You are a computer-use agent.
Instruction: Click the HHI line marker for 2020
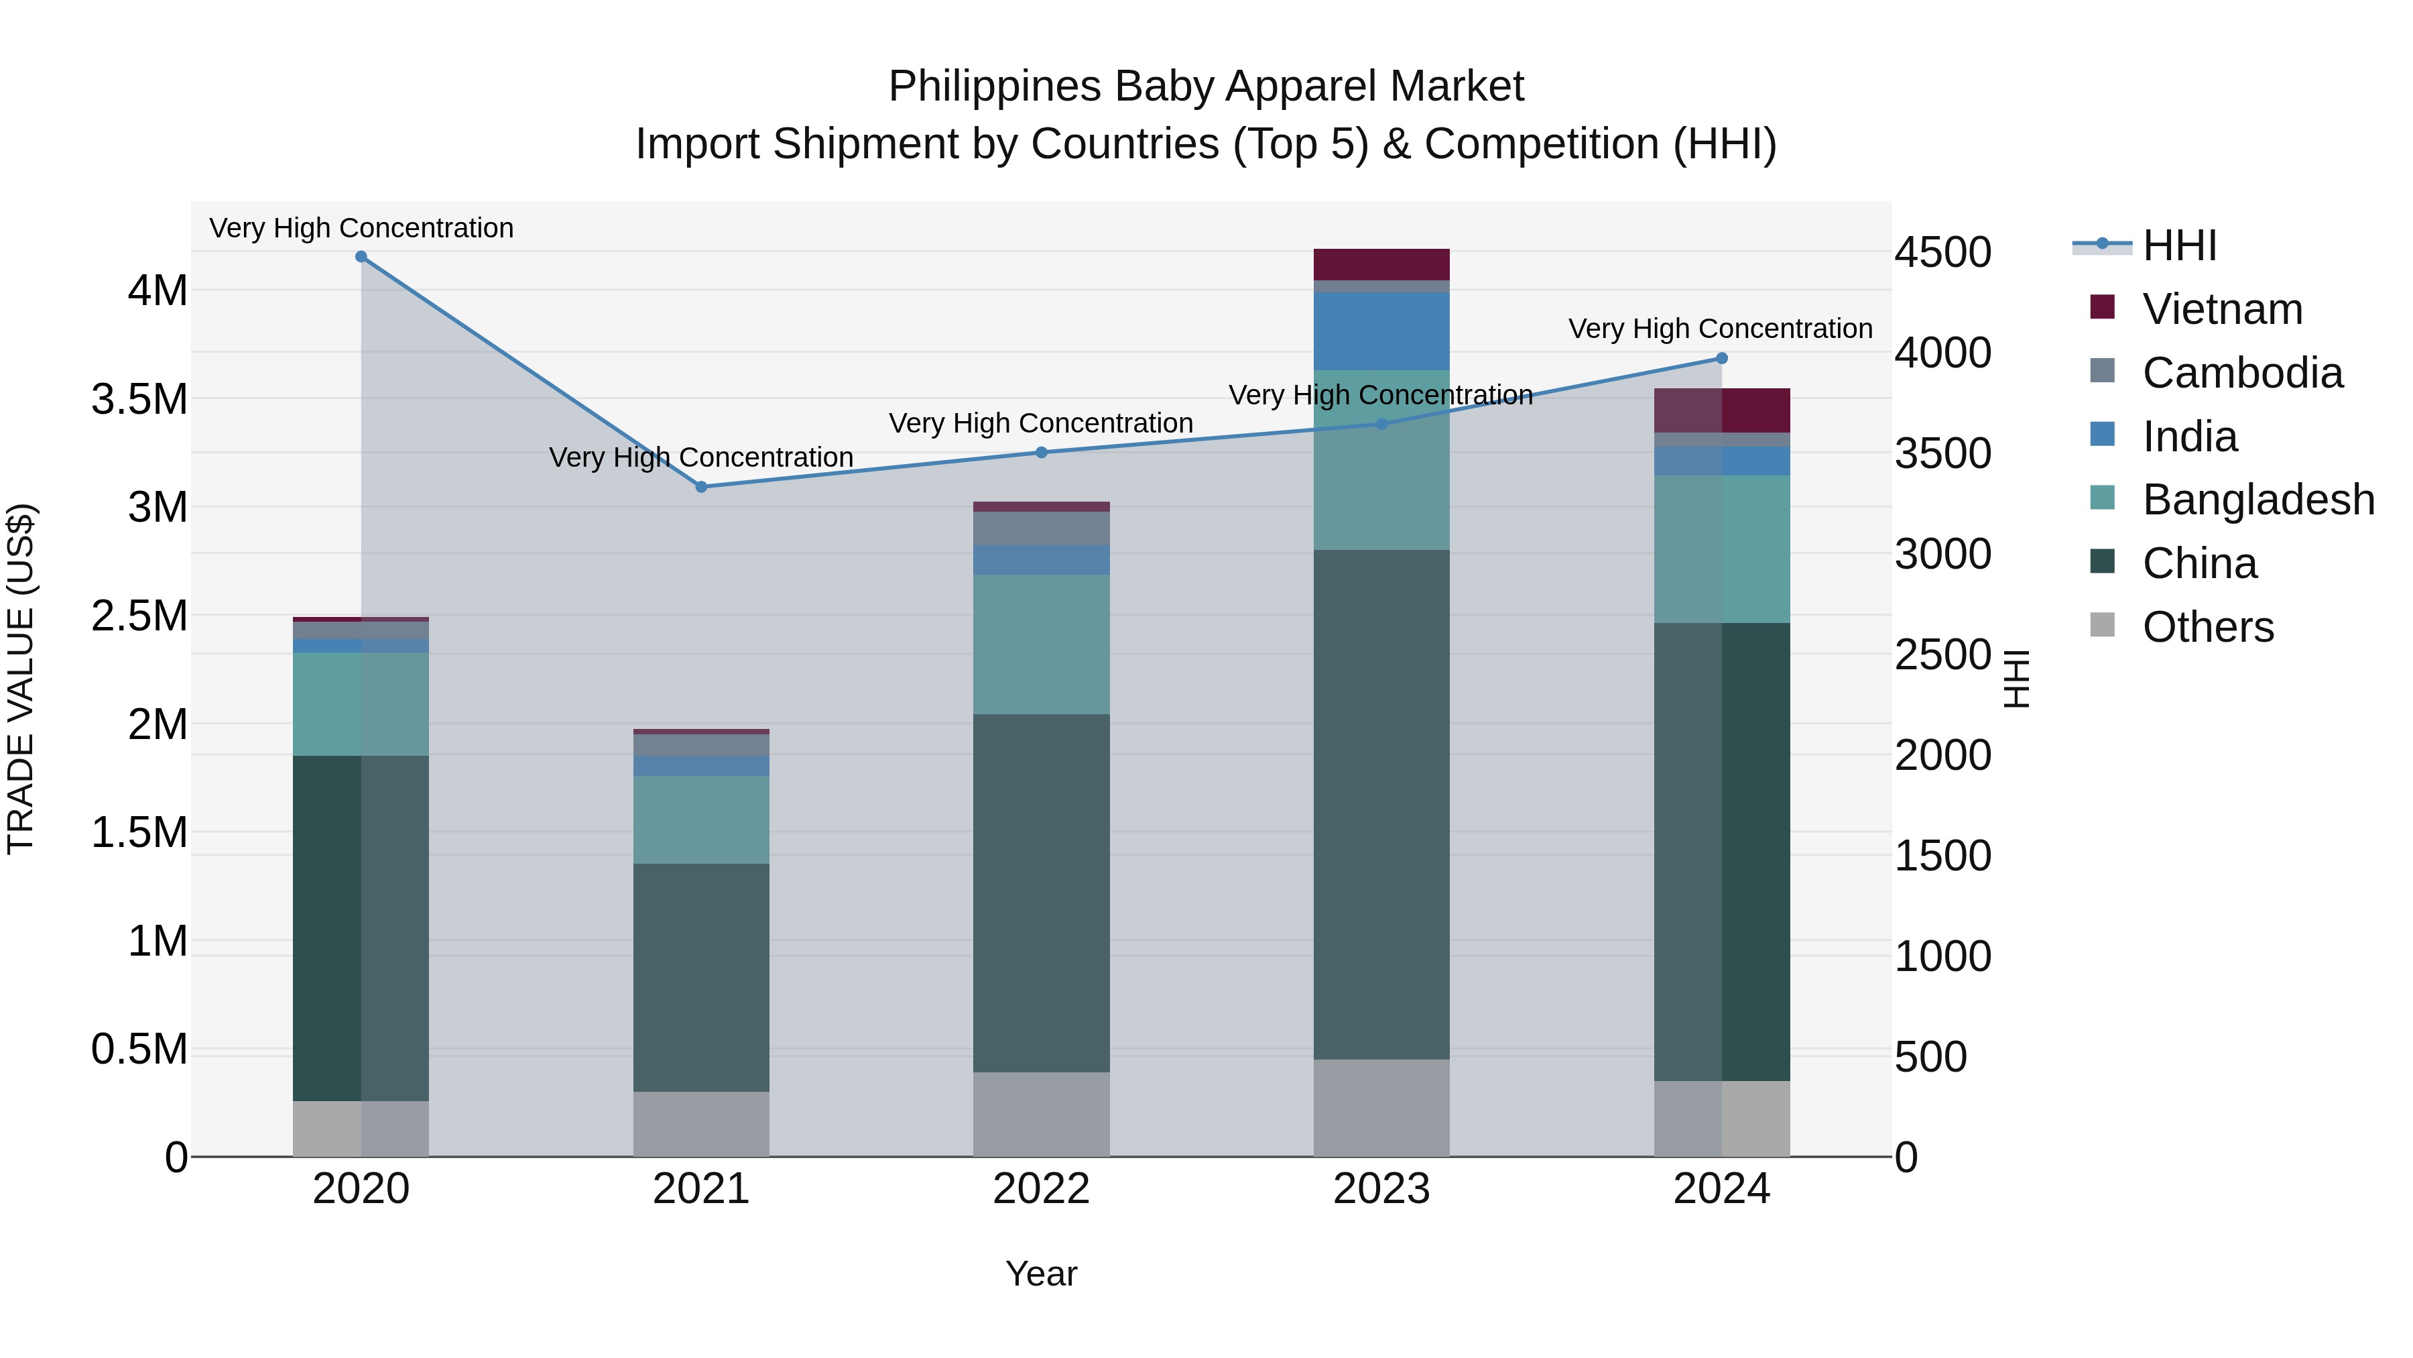(x=361, y=257)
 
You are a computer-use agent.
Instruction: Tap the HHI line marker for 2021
(x=700, y=486)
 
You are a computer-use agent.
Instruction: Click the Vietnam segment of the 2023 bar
(x=1381, y=264)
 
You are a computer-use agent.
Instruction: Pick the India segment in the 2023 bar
(x=1381, y=331)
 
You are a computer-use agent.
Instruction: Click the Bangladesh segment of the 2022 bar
(x=1041, y=644)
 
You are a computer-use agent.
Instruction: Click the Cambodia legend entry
(x=2241, y=373)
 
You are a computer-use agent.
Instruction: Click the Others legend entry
(x=2207, y=627)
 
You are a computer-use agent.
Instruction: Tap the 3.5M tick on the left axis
(x=139, y=399)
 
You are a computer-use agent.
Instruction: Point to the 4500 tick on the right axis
(x=1942, y=252)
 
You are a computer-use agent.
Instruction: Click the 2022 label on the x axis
(x=1041, y=1189)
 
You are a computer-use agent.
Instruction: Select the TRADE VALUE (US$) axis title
(x=21, y=679)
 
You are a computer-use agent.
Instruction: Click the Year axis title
(x=1041, y=1274)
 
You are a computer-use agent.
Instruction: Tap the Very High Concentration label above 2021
(x=700, y=457)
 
